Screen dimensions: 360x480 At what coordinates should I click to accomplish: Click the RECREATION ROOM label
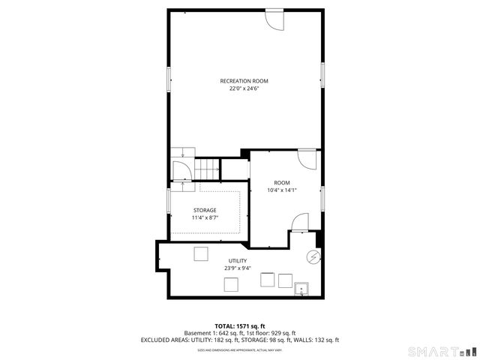pyautogui.click(x=244, y=81)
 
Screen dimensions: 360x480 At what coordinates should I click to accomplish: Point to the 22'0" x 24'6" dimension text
pyautogui.click(x=244, y=88)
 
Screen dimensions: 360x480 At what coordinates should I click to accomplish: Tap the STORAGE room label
pyautogui.click(x=204, y=210)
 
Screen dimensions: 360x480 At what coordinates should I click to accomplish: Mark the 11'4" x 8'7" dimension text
pyautogui.click(x=204, y=217)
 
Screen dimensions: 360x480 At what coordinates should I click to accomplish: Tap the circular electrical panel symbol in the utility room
pyautogui.click(x=312, y=257)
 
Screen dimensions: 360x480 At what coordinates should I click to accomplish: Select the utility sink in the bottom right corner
pyautogui.click(x=302, y=289)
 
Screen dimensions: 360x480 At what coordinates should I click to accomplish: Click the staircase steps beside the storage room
pyautogui.click(x=208, y=169)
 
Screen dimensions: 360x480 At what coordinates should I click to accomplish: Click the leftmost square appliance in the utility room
pyautogui.click(x=200, y=253)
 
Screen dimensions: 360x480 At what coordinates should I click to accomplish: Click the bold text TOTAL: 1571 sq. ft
pyautogui.click(x=240, y=325)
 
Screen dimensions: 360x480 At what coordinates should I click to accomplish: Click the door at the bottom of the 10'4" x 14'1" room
pyautogui.click(x=299, y=223)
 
